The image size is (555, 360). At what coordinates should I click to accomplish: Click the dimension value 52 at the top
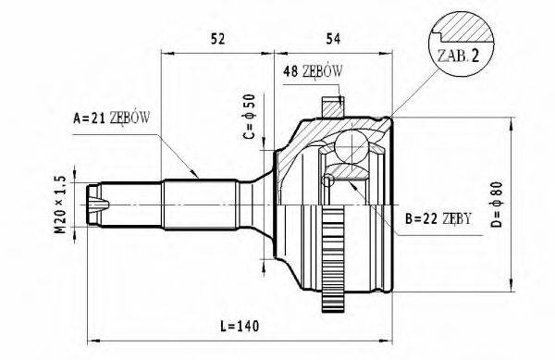tap(219, 39)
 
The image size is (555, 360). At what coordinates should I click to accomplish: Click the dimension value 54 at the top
tap(335, 39)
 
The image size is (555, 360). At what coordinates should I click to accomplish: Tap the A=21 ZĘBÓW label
tap(112, 118)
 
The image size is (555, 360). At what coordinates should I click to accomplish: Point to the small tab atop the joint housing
tap(330, 107)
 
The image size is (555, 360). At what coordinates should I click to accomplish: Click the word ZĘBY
tap(455, 219)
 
